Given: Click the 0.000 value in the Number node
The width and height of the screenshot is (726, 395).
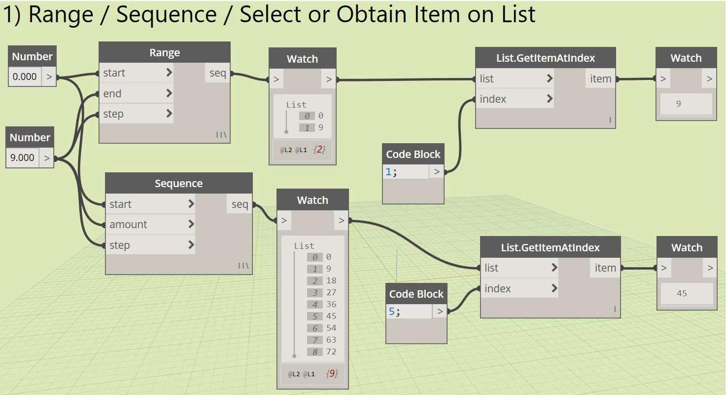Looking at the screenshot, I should pyautogui.click(x=24, y=77).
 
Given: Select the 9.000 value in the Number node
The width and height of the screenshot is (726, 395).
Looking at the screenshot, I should pyautogui.click(x=22, y=158).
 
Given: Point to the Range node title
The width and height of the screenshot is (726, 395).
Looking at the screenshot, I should pyautogui.click(x=165, y=53).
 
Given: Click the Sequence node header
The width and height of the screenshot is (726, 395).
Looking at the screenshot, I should pyautogui.click(x=178, y=184).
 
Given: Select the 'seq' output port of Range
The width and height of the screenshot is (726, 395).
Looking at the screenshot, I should pyautogui.click(x=217, y=73).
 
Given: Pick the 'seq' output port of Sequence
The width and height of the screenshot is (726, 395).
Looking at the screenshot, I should pyautogui.click(x=240, y=204).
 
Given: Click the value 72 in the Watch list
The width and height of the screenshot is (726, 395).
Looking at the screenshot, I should pyautogui.click(x=331, y=352).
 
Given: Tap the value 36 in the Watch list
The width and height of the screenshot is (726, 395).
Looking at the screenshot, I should pyautogui.click(x=331, y=304).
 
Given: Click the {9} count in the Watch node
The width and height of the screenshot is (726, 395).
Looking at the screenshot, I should pyautogui.click(x=332, y=374).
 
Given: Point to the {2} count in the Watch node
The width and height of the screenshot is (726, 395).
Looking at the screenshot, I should pyautogui.click(x=320, y=149).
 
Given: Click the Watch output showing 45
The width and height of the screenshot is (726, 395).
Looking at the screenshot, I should pyautogui.click(x=682, y=293).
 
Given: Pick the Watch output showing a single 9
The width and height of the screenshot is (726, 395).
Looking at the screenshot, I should pyautogui.click(x=679, y=104).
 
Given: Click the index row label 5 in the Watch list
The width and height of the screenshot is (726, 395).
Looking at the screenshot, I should pyautogui.click(x=314, y=316).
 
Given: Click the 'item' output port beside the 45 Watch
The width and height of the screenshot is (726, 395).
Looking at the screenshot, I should pyautogui.click(x=605, y=268).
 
